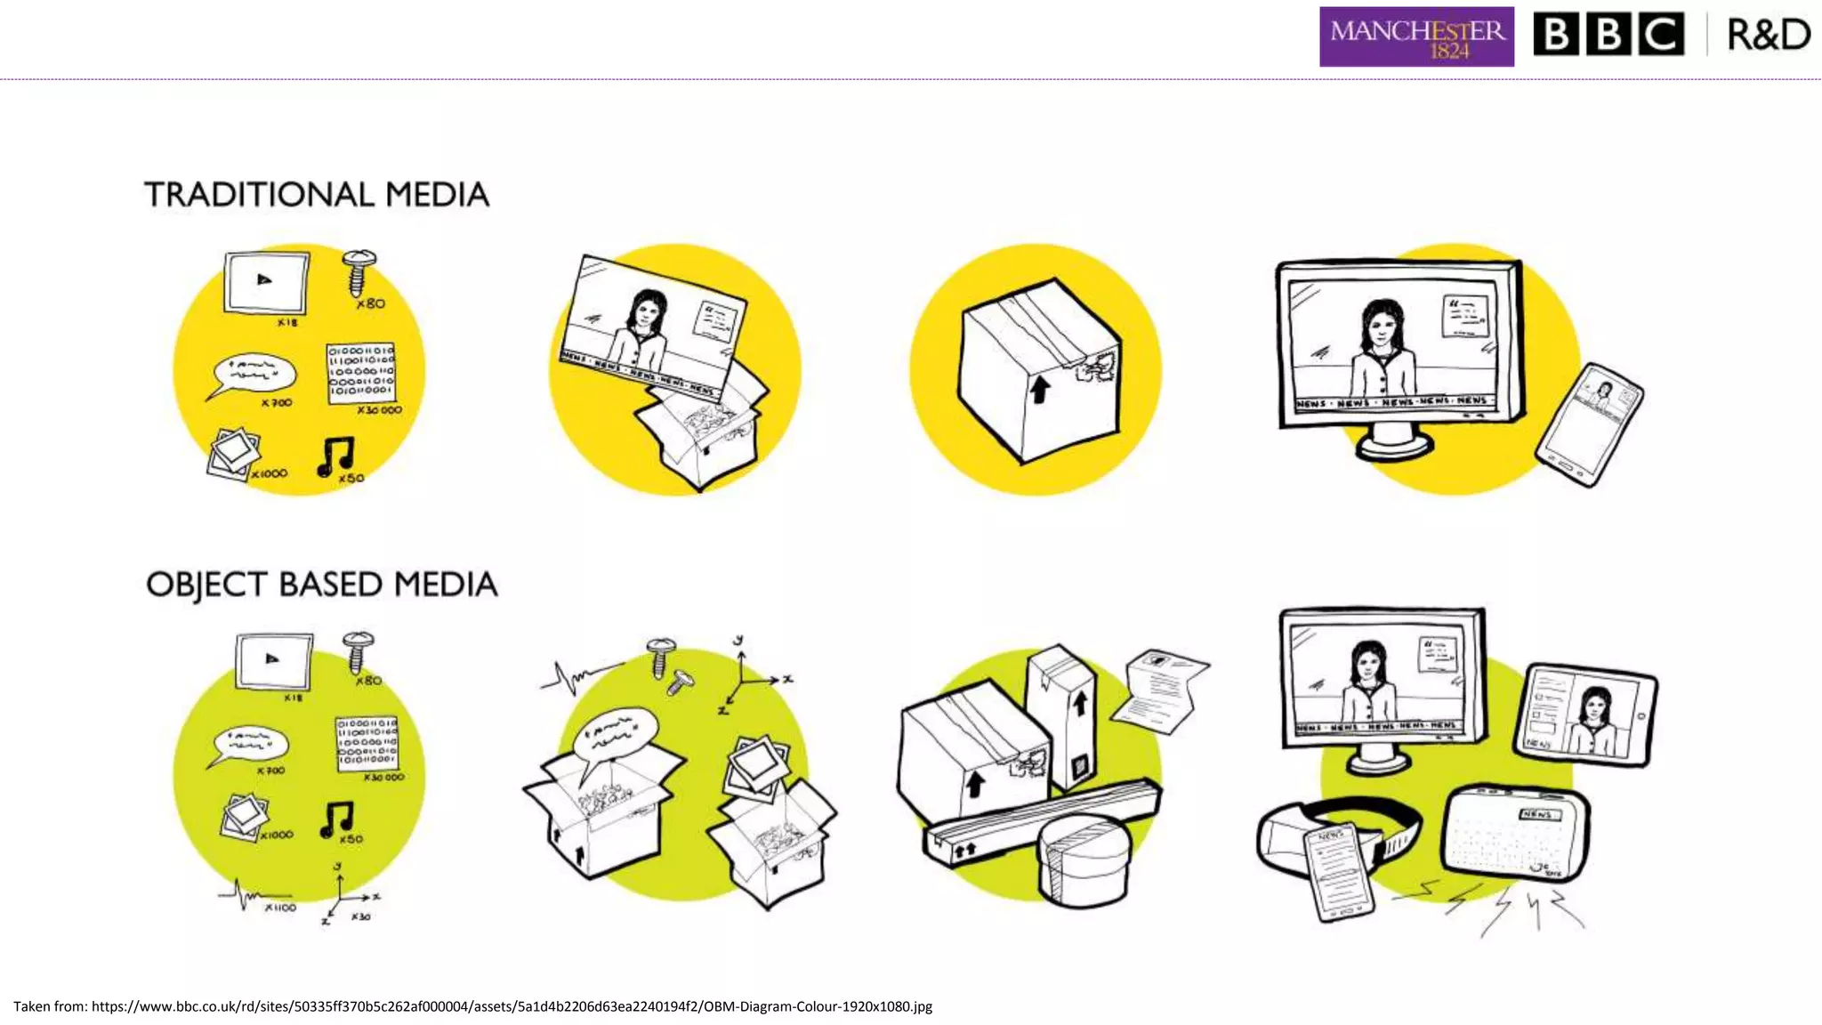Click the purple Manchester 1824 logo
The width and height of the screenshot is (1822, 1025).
pyautogui.click(x=1415, y=37)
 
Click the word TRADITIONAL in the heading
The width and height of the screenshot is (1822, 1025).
pyautogui.click(x=259, y=195)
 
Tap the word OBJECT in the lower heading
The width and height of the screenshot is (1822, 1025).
pyautogui.click(x=206, y=585)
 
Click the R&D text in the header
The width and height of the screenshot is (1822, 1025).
pyautogui.click(x=1768, y=36)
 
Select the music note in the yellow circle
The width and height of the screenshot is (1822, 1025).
pyautogui.click(x=336, y=456)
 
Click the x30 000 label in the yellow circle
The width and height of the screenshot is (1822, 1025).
pyautogui.click(x=379, y=410)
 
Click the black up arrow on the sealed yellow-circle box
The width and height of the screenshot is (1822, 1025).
pyautogui.click(x=1039, y=389)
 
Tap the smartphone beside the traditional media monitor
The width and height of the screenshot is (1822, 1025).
pyautogui.click(x=1589, y=424)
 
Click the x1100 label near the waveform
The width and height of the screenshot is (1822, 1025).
pyautogui.click(x=279, y=908)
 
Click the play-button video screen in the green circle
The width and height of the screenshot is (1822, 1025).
pyautogui.click(x=274, y=660)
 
